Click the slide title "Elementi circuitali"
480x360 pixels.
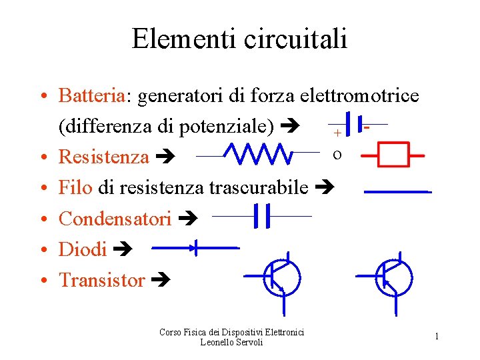click(239, 39)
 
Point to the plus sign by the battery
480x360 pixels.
click(337, 133)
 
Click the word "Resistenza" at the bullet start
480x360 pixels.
click(104, 157)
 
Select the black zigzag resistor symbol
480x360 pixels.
click(257, 155)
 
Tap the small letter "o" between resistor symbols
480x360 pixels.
click(337, 155)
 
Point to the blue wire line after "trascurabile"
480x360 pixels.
click(397, 192)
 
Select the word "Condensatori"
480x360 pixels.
click(115, 219)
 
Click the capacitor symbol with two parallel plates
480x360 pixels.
click(261, 216)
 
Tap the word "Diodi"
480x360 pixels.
click(83, 250)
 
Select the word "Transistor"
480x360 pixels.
click(102, 281)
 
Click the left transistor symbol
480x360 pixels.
click(281, 277)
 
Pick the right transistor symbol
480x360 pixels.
click(393, 277)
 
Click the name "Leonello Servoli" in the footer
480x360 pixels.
click(231, 342)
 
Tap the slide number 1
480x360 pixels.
click(437, 337)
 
